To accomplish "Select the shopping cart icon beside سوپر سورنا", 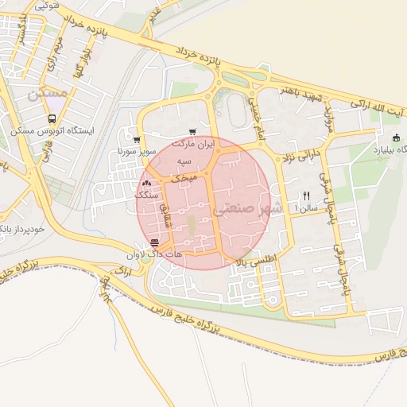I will pyautogui.click(x=137, y=139).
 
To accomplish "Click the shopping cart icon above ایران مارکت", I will pyautogui.click(x=192, y=132).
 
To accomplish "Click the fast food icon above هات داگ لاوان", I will pyautogui.click(x=154, y=242).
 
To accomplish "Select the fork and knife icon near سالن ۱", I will pyautogui.click(x=306, y=195).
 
